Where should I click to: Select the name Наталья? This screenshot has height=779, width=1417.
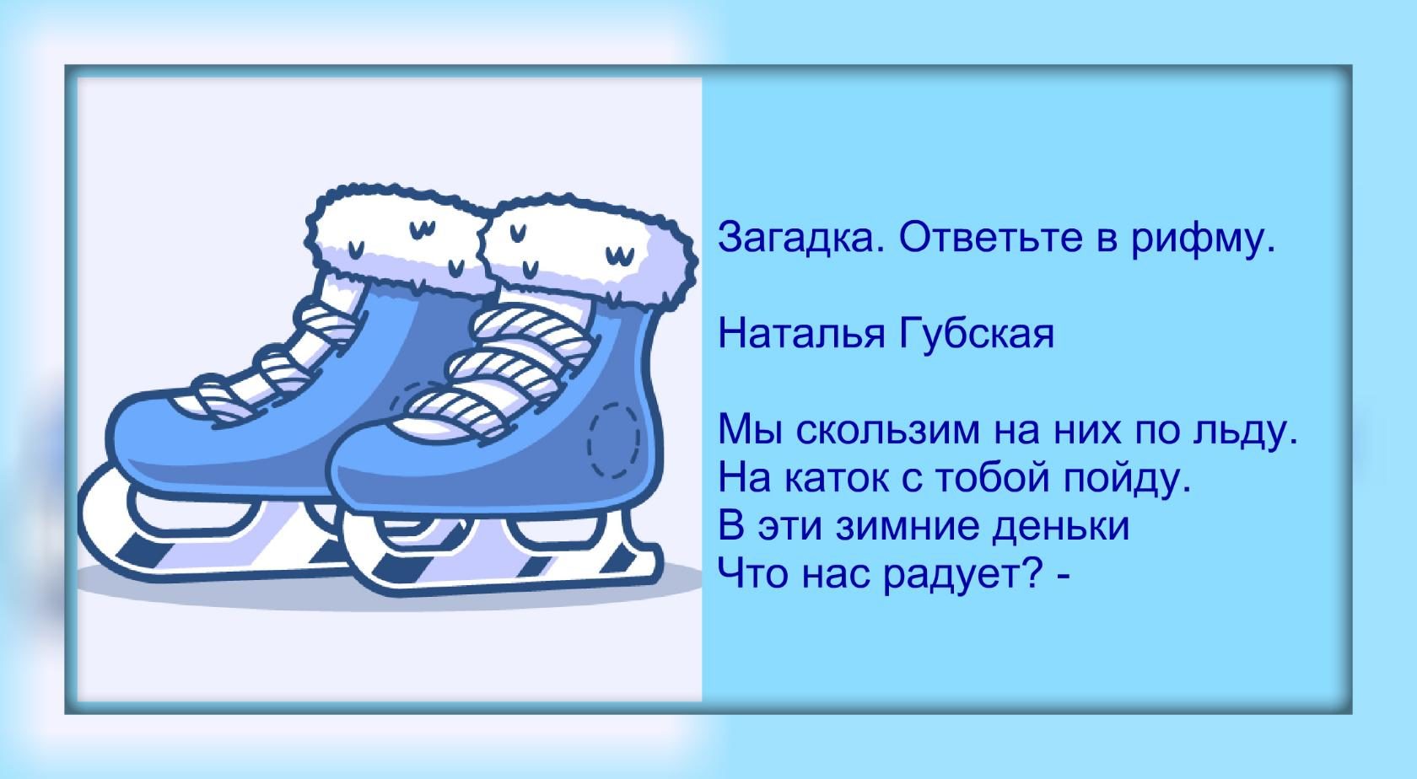[x=801, y=335]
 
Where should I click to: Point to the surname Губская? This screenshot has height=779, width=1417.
[x=977, y=334]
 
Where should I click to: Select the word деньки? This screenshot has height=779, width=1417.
[x=1060, y=527]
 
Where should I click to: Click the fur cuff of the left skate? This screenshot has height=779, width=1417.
[x=398, y=240]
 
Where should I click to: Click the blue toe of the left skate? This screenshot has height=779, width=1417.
[x=159, y=437]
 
